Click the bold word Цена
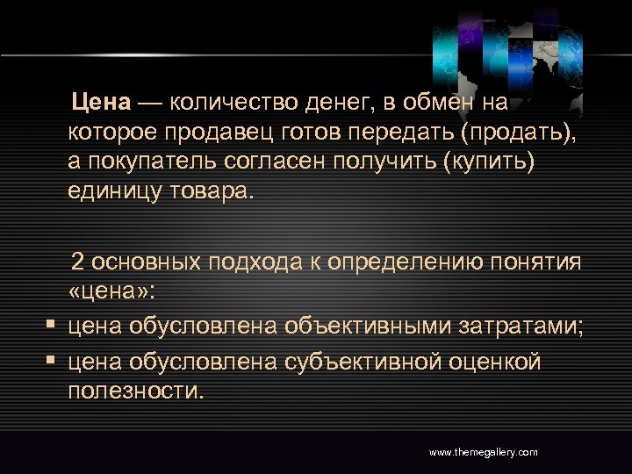[x=101, y=104]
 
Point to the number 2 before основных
[x=78, y=262]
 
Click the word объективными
[x=370, y=327]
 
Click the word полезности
[x=135, y=390]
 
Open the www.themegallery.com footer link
[x=483, y=452]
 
